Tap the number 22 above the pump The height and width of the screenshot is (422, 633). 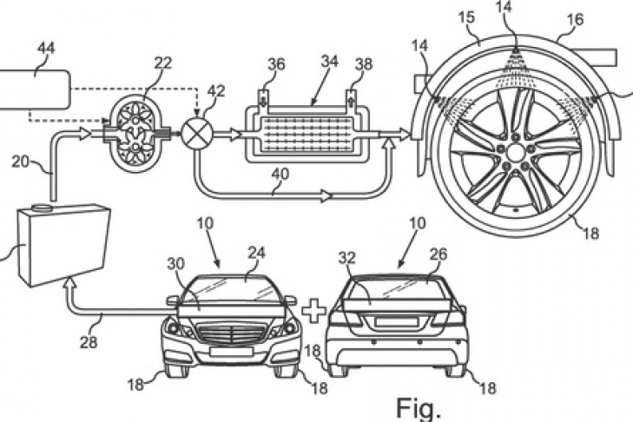coord(162,63)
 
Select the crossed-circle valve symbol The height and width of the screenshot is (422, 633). coord(196,133)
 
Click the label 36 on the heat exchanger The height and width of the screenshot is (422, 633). coord(276,64)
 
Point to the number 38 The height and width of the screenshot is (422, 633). coord(363,64)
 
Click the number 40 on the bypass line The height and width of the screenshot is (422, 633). coord(280,175)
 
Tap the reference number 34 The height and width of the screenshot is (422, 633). coord(330,62)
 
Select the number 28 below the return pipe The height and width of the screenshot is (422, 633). coord(89,342)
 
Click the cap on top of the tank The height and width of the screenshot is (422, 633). coord(41,208)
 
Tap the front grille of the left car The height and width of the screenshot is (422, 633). coord(231,334)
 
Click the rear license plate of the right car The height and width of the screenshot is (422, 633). coord(392,322)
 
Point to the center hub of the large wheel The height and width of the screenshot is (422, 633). coord(515,153)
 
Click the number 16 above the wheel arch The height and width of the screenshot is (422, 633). coord(575,20)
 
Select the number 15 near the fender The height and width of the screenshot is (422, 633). coord(466,18)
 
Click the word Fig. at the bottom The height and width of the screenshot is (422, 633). coord(419,407)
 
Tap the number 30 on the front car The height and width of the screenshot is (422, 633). coord(175,265)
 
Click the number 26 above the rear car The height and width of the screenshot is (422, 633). coord(438,254)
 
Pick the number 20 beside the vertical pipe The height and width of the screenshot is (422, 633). coord(20,162)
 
